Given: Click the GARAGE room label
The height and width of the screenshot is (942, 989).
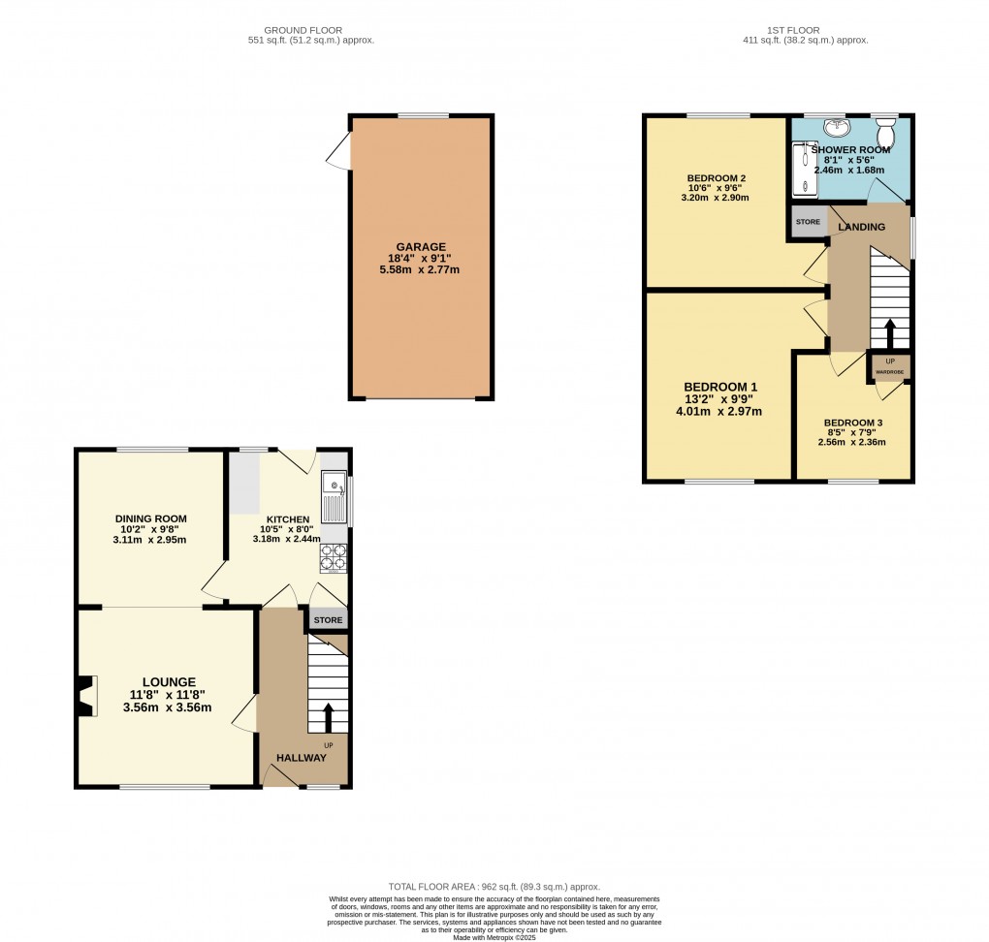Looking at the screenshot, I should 421,247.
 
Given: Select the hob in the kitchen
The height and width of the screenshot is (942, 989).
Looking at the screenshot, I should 333,559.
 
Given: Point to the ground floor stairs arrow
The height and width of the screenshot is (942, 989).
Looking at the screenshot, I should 327,717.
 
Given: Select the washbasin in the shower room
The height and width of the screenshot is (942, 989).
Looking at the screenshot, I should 836,128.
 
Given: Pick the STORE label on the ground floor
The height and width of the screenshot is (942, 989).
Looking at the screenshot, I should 328,620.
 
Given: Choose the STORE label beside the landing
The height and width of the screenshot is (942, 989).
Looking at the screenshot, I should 808,222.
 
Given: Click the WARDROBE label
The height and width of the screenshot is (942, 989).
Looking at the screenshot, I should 890,371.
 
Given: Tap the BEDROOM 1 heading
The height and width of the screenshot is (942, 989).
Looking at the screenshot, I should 720,387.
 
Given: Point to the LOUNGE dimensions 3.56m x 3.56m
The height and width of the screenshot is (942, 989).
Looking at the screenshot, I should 167,707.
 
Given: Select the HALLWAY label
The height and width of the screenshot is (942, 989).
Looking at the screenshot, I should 302,758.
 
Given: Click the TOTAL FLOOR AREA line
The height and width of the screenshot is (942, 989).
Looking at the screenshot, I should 494,887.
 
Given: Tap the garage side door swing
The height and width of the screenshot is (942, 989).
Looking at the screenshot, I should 338,153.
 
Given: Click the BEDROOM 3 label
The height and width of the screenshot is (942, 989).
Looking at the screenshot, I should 853,423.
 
